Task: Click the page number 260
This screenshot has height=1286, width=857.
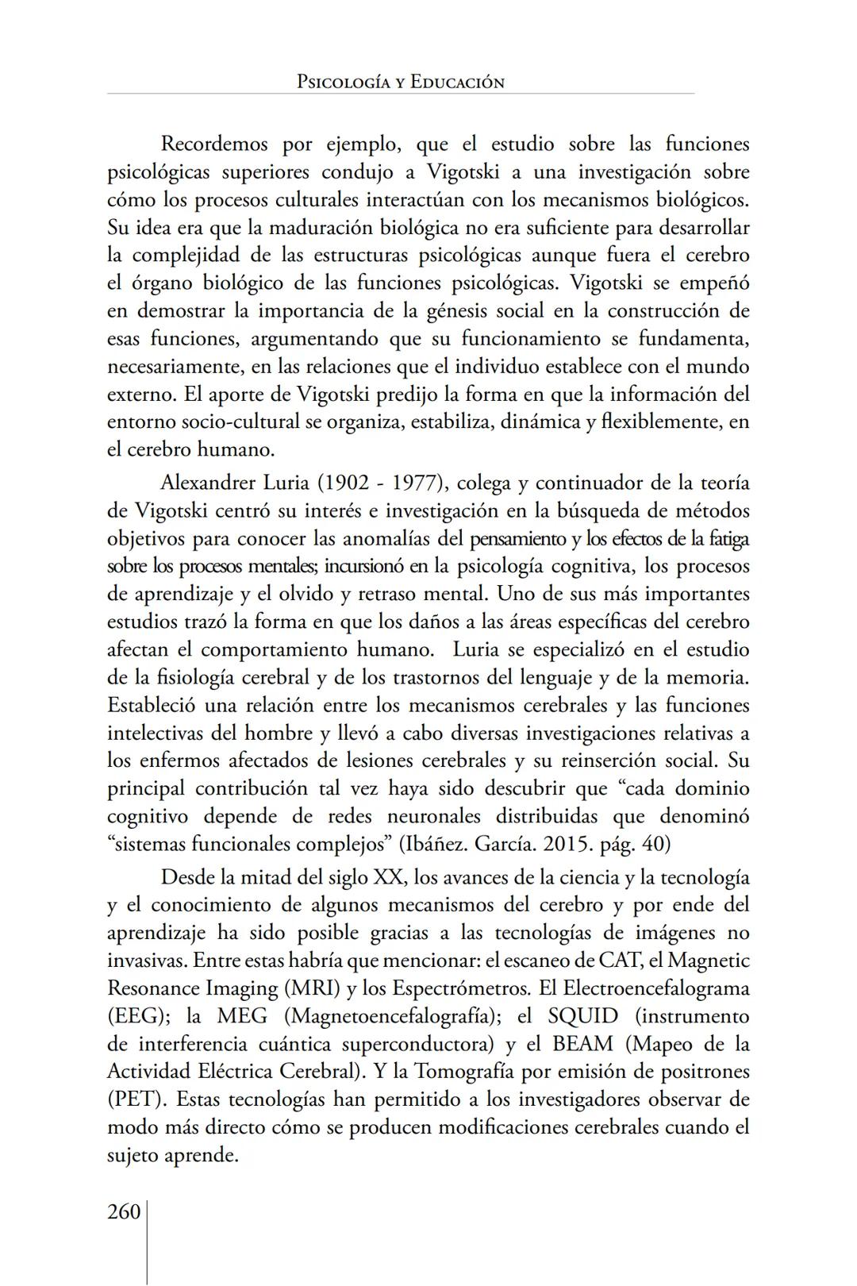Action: pos(124,1212)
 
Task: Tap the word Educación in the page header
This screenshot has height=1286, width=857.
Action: pos(457,82)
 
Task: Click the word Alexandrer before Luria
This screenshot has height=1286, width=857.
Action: pos(208,483)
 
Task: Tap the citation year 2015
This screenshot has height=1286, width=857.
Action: pos(567,844)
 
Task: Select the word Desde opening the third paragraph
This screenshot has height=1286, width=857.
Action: pos(188,877)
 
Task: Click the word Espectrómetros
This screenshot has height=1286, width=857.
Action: pos(460,988)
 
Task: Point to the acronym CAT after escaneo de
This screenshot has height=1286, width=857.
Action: pos(620,961)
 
